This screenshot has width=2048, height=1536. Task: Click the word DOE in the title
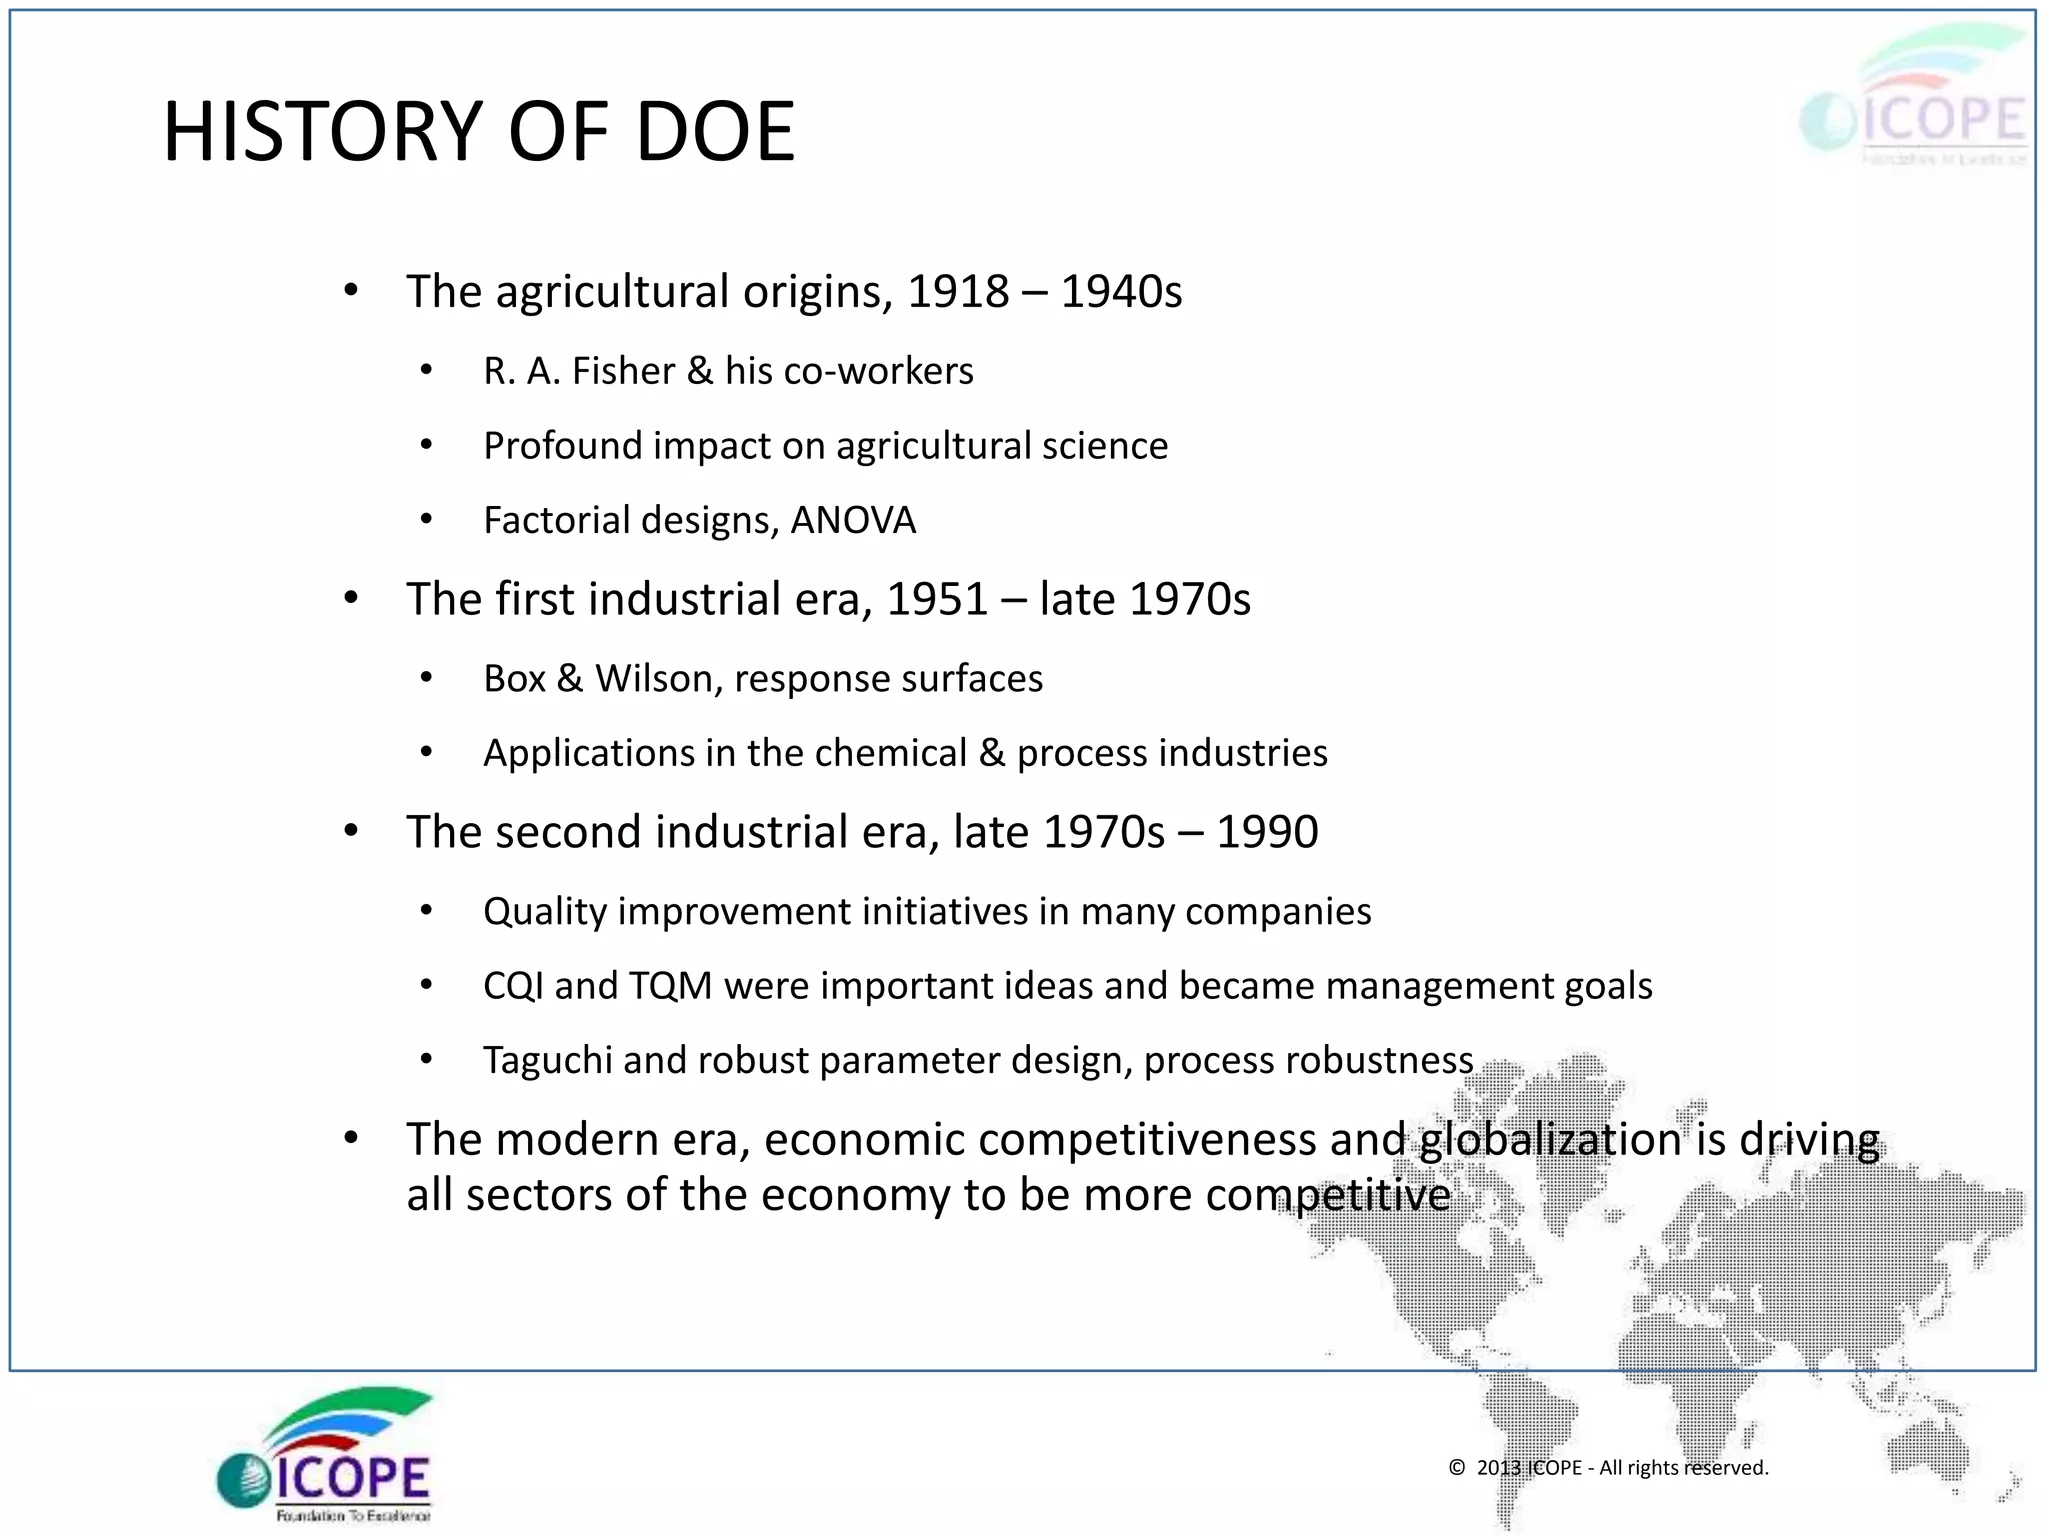(x=715, y=132)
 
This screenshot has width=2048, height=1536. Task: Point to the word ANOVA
(x=853, y=521)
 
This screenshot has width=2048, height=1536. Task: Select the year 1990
(x=1267, y=832)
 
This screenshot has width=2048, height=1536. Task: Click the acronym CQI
(x=513, y=986)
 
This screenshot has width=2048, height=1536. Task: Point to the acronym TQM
(x=670, y=986)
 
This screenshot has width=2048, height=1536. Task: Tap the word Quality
(x=545, y=912)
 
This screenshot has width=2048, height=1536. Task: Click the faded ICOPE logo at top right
(x=1914, y=100)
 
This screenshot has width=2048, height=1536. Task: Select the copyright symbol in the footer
(x=1457, y=1468)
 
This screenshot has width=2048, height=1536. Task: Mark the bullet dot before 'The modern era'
(x=350, y=1138)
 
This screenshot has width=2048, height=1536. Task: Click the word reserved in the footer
(x=1725, y=1468)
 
